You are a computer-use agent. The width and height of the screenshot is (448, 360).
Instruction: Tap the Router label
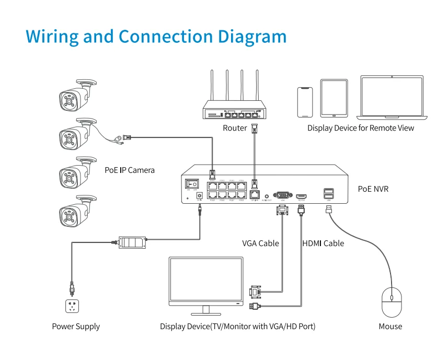(235, 128)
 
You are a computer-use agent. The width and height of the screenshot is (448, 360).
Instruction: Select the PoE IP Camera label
(130, 170)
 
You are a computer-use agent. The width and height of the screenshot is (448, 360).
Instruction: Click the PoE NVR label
(373, 189)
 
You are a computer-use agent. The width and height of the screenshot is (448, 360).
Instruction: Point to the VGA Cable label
(260, 243)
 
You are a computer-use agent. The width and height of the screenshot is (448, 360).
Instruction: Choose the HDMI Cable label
(323, 243)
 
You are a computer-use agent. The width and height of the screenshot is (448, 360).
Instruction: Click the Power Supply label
(76, 327)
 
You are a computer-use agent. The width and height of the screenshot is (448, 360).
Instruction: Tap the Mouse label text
(390, 327)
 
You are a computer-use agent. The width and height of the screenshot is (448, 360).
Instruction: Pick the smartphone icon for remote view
(304, 102)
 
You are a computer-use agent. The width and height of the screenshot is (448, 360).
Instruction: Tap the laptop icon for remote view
(392, 97)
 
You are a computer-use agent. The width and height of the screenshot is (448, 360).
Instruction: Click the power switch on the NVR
(192, 183)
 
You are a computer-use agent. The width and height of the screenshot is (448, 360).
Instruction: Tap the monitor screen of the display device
(205, 281)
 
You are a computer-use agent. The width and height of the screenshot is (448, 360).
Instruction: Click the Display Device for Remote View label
(360, 128)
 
